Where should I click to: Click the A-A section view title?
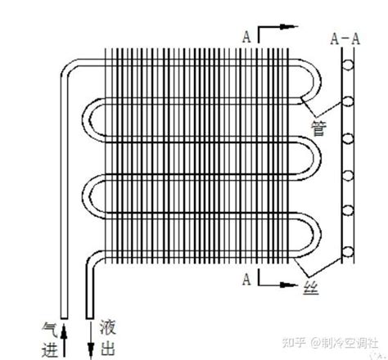(345, 38)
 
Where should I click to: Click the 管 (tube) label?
(318, 128)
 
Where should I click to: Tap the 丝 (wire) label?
(311, 288)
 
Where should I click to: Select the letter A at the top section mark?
(246, 37)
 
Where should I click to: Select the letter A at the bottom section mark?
(246, 279)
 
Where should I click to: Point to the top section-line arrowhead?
(289, 26)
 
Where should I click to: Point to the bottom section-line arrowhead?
(289, 285)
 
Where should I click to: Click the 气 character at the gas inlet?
(50, 330)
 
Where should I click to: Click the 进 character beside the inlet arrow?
(50, 349)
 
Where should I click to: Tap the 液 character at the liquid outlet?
(107, 327)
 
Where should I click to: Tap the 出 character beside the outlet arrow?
(107, 348)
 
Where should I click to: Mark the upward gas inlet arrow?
(64, 340)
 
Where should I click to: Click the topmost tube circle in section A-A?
(348, 65)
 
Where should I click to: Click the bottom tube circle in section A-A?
(348, 252)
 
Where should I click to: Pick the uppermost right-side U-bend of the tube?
(318, 81)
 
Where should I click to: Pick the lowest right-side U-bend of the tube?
(318, 235)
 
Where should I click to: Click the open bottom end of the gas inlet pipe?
(64, 318)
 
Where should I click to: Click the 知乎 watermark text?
(293, 342)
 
